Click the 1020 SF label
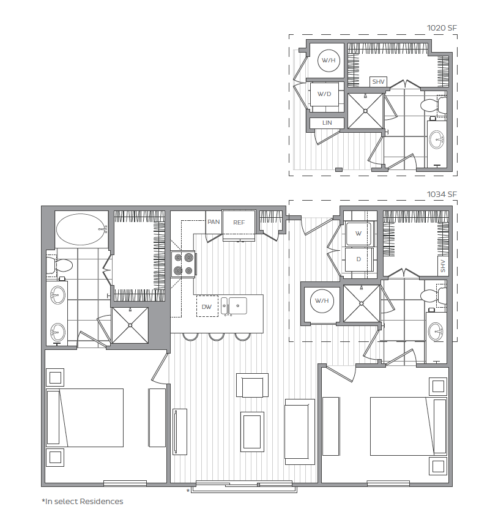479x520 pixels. [442, 28]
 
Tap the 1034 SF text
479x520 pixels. [442, 195]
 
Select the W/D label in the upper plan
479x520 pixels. [324, 94]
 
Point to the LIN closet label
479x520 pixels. [327, 123]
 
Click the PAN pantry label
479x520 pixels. [214, 221]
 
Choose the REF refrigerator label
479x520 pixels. [239, 223]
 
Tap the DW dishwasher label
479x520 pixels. [206, 306]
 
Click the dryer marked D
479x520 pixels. [358, 259]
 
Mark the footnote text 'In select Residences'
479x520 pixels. [84, 502]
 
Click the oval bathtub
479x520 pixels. [82, 229]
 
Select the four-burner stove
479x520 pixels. [184, 264]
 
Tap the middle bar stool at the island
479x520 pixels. [217, 337]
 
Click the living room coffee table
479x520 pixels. [252, 432]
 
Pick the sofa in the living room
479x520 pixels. [300, 432]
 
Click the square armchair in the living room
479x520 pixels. [252, 385]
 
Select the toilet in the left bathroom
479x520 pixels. [59, 265]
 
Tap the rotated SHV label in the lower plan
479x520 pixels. [443, 266]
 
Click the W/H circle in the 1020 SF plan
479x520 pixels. [329, 61]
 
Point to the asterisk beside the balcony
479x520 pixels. [188, 491]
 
